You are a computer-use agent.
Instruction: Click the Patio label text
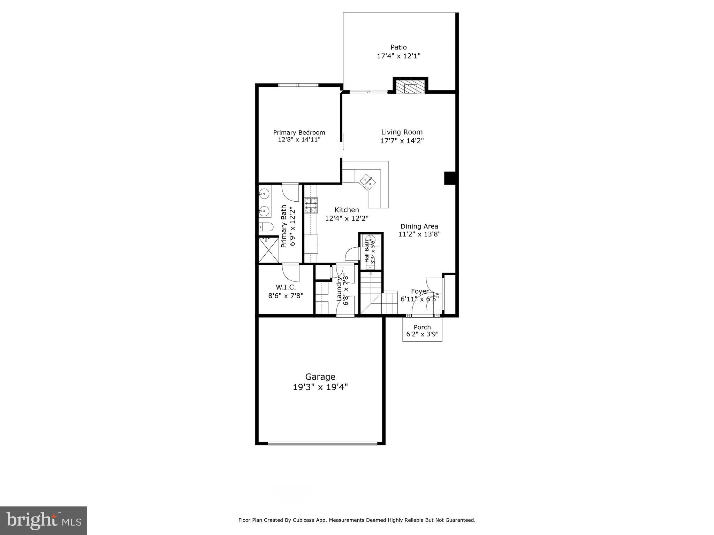click(x=398, y=47)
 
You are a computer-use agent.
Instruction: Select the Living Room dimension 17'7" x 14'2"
click(x=402, y=141)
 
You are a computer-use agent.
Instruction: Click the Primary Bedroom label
click(x=299, y=133)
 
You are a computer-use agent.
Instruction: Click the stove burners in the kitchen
click(x=311, y=206)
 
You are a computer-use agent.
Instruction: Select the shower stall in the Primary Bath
click(x=268, y=250)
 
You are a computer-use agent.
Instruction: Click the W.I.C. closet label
click(x=286, y=287)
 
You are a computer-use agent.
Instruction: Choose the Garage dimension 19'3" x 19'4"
click(x=320, y=387)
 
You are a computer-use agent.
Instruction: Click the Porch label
click(x=422, y=327)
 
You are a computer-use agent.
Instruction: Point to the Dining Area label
click(x=419, y=226)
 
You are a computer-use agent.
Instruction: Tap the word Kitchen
click(x=347, y=210)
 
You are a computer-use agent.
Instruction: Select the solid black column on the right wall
click(x=450, y=178)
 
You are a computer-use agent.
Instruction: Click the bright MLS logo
click(x=44, y=520)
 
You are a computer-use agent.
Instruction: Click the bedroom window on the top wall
click(x=298, y=85)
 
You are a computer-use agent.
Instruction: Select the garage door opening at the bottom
click(x=322, y=443)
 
